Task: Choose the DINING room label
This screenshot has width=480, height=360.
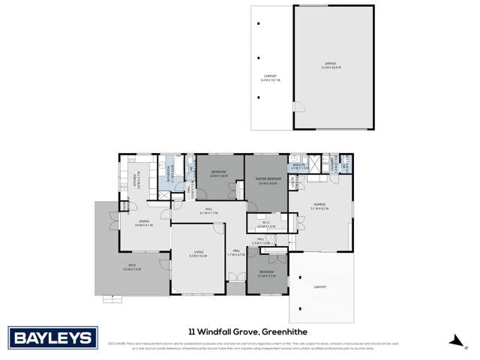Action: click(145, 222)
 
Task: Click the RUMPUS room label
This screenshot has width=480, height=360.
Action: click(319, 207)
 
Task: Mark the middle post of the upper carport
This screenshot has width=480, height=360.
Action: click(259, 58)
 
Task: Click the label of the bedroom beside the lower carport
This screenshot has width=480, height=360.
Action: click(266, 274)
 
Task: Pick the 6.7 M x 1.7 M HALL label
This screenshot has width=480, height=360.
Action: click(208, 212)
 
